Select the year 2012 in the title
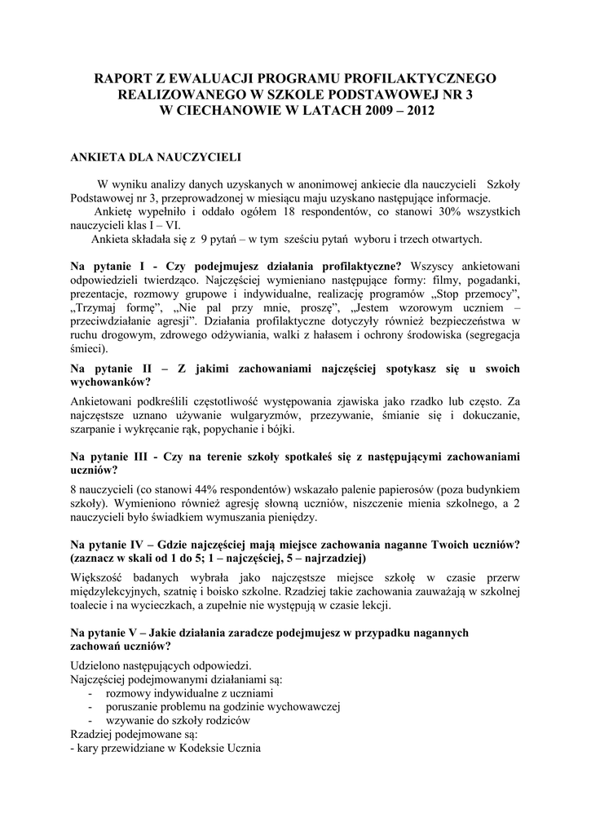pos(408,109)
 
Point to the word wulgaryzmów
pos(236,417)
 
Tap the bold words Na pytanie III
pos(112,457)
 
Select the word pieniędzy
pos(298,517)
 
